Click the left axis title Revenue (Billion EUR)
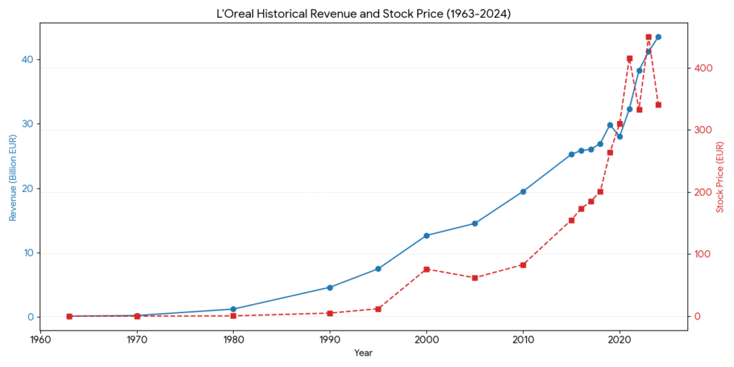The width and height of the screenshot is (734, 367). pyautogui.click(x=12, y=176)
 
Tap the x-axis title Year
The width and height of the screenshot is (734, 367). pyautogui.click(x=363, y=353)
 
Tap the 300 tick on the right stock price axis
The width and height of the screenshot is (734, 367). pyautogui.click(x=702, y=130)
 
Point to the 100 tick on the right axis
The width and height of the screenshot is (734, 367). pyautogui.click(x=702, y=254)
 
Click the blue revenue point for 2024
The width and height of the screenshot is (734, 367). pyautogui.click(x=658, y=37)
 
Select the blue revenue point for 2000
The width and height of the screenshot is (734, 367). pyautogui.click(x=426, y=235)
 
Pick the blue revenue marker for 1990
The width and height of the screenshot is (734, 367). pyautogui.click(x=330, y=287)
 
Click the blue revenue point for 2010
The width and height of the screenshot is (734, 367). pyautogui.click(x=523, y=191)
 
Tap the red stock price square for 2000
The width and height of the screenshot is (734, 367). pyautogui.click(x=426, y=270)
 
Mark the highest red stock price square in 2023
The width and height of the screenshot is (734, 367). pyautogui.click(x=649, y=37)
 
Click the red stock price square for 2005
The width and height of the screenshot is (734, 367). pyautogui.click(x=475, y=277)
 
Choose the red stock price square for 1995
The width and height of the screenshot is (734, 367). pyautogui.click(x=378, y=309)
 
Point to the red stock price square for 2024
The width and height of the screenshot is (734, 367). pyautogui.click(x=658, y=105)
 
